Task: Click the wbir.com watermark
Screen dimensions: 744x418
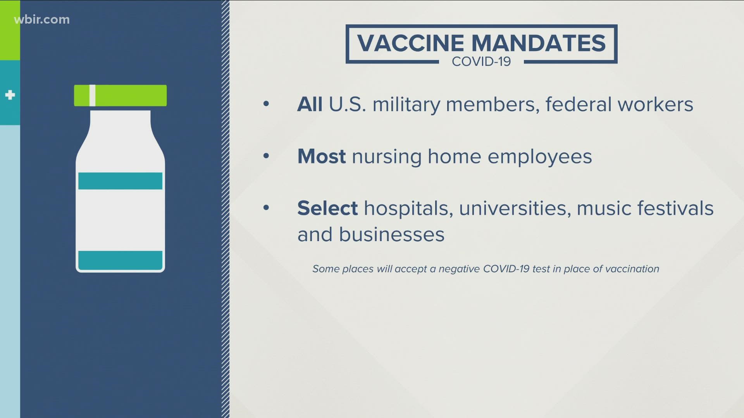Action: point(42,20)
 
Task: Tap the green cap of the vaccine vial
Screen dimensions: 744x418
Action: point(121,96)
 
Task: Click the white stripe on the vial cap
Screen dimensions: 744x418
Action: point(92,96)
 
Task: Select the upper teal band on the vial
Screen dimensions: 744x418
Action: point(121,181)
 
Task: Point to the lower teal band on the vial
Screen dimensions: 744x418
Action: point(121,260)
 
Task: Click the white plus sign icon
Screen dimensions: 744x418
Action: point(10,95)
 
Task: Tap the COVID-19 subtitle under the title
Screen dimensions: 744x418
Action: point(481,62)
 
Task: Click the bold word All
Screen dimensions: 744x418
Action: point(310,104)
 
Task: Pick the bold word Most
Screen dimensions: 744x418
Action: point(321,156)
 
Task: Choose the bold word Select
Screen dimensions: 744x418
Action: point(327,208)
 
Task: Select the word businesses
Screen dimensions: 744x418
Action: point(392,235)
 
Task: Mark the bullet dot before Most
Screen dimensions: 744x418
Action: point(266,156)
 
